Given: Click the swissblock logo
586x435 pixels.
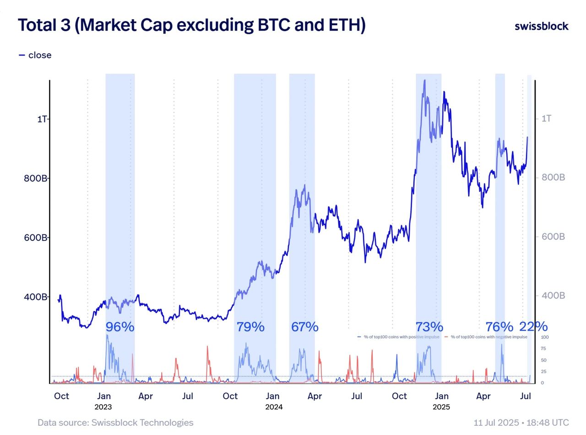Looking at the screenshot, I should [x=542, y=26].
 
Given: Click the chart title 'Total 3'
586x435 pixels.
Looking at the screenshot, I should [x=191, y=25].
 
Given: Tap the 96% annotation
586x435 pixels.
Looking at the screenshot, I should [x=120, y=327].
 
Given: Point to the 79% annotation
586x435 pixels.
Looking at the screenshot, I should [x=250, y=327].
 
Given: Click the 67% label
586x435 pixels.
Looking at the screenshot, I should [x=304, y=327].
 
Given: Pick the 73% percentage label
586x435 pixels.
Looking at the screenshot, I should [x=429, y=327].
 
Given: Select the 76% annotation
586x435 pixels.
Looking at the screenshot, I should [x=499, y=327].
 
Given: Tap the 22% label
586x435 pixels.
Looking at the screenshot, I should [x=533, y=326].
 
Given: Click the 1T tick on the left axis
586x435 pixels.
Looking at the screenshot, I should [x=42, y=119].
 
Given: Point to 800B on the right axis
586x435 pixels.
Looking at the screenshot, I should [x=553, y=178].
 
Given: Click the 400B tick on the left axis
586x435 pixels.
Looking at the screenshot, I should [x=35, y=297].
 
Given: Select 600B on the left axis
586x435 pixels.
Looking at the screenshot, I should [x=35, y=238].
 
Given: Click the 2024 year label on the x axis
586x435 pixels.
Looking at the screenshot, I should [x=274, y=407].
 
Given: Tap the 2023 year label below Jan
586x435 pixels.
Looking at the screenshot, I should [x=103, y=407].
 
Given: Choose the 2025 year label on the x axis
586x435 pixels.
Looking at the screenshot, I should [x=441, y=407].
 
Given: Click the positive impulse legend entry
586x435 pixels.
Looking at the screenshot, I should [x=398, y=337].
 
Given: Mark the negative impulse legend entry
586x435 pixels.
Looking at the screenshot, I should [x=486, y=337].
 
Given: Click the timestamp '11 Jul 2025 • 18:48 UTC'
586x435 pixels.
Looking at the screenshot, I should [x=521, y=423].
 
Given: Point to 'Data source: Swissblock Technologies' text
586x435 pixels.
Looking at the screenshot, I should [x=115, y=423].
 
